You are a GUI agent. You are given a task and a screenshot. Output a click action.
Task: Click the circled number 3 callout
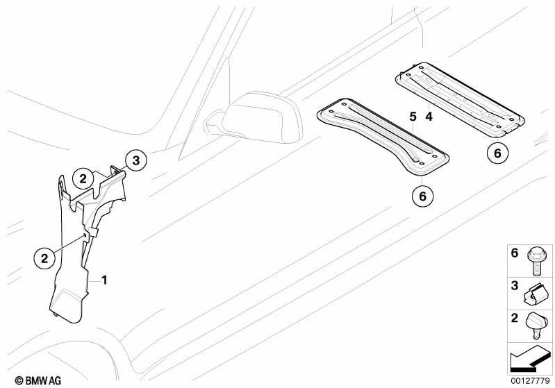tap(136, 160)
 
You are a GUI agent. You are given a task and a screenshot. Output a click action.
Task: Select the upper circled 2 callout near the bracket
tap(83, 179)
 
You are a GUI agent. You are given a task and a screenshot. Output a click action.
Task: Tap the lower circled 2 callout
tap(44, 258)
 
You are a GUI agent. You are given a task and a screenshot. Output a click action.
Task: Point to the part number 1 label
tap(104, 280)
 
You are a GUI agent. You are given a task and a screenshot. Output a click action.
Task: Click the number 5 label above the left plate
tap(413, 117)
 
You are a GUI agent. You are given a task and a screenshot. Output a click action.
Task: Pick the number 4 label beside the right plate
tap(429, 117)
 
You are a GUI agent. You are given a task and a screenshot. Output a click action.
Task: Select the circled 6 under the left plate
tap(422, 196)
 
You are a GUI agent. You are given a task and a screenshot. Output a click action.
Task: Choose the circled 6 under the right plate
tap(497, 153)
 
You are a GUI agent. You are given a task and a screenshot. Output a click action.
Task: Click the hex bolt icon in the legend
tap(537, 261)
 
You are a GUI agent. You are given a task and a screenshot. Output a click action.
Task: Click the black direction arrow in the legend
tap(529, 359)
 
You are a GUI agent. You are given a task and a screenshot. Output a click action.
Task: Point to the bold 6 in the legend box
tap(515, 253)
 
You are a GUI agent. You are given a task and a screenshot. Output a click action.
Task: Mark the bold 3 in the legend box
tap(515, 285)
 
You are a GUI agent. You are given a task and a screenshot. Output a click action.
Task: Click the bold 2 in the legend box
tap(515, 318)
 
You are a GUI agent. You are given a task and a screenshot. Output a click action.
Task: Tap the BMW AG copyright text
tap(38, 380)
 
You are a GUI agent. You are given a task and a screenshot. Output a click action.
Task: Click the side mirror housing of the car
tap(263, 117)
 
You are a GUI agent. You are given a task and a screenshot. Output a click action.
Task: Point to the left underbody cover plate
tap(382, 137)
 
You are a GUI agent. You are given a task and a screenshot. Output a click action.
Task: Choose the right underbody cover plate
tap(460, 100)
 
